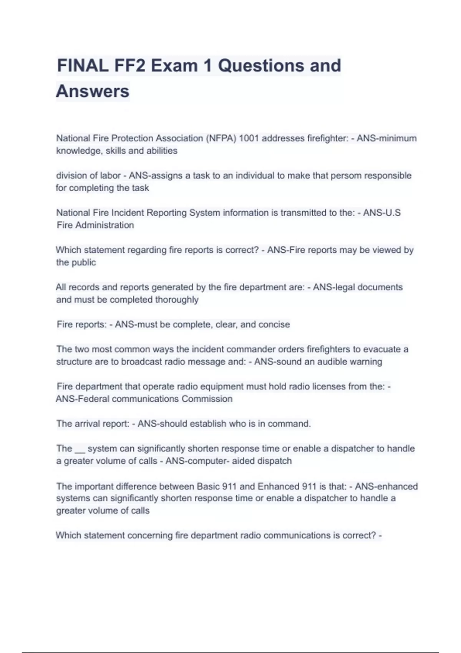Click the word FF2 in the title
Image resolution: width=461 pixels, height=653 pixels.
click(x=129, y=66)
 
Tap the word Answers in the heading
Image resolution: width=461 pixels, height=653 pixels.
click(x=93, y=91)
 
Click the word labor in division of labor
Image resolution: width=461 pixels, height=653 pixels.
click(x=110, y=176)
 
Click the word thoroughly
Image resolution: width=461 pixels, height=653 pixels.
click(x=177, y=300)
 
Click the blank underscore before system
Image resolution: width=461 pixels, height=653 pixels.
click(x=80, y=449)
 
